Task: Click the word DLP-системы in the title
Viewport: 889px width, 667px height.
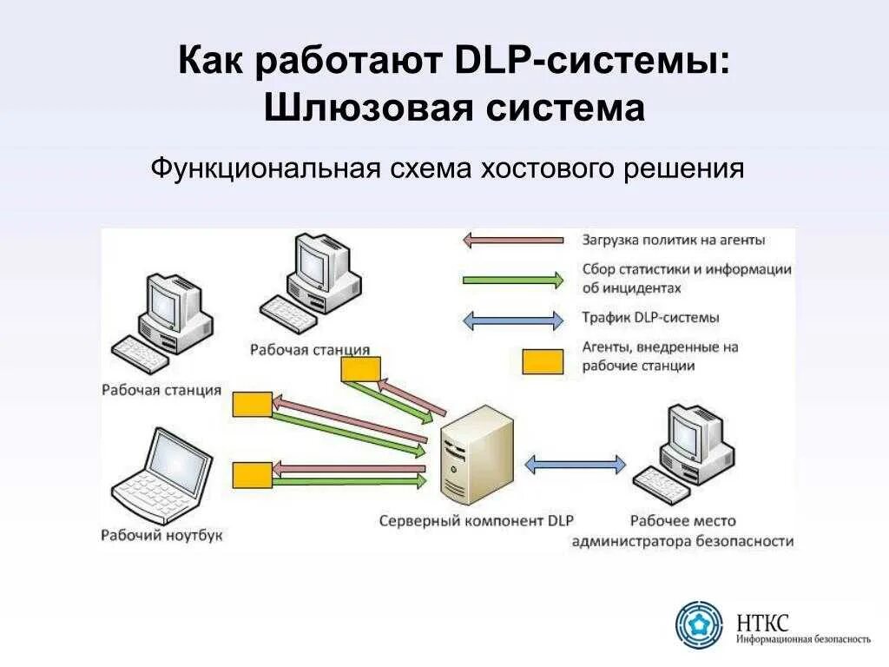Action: coord(591,62)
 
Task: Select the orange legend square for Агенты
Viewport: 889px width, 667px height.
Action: coord(542,361)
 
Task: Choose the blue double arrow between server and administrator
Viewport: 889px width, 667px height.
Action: coord(576,465)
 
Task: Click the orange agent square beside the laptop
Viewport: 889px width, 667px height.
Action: coord(252,474)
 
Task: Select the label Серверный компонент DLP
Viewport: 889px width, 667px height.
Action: coord(477,520)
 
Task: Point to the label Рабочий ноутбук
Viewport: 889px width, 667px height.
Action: coord(161,535)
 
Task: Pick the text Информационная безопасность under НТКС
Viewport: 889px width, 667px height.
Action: coord(803,639)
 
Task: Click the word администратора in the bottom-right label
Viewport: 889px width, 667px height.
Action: coord(631,540)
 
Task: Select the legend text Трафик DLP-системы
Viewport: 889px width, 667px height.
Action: coord(651,318)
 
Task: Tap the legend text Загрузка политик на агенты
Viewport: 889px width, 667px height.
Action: coord(675,239)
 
